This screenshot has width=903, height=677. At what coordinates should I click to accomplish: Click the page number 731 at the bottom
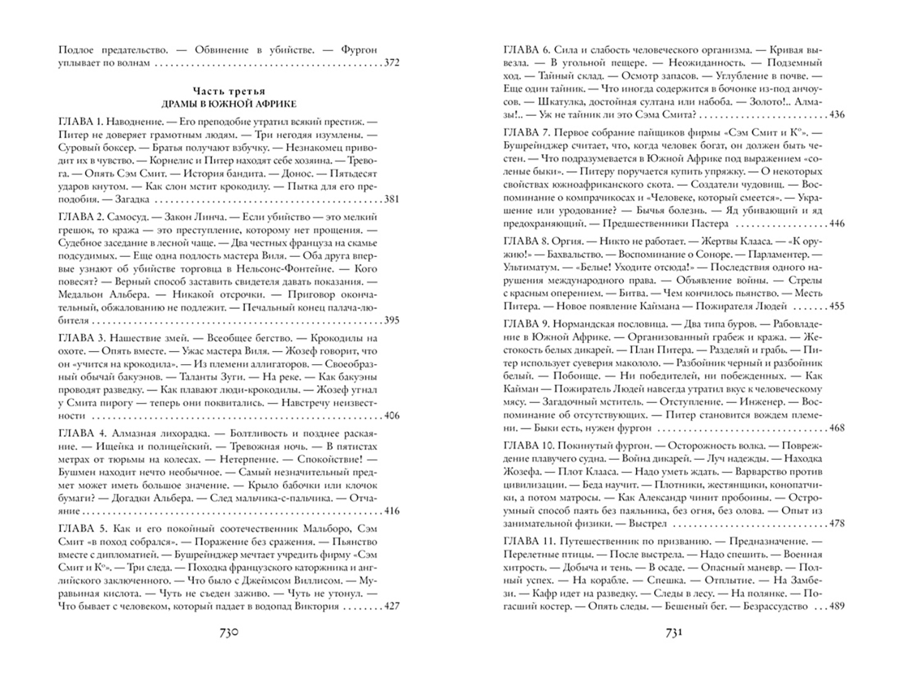(x=673, y=634)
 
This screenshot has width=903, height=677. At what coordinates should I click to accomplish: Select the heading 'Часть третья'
(x=228, y=91)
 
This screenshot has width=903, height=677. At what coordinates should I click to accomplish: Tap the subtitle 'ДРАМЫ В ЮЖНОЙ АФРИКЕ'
(x=228, y=103)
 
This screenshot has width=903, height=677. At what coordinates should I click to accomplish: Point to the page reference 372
(x=391, y=63)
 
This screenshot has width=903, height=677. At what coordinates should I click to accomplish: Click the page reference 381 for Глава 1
(x=391, y=199)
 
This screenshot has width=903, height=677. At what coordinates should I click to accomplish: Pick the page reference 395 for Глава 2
(x=391, y=320)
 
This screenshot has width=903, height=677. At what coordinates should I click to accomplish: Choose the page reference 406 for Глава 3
(x=391, y=416)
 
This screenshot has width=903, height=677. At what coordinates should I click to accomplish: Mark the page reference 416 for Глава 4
(x=391, y=511)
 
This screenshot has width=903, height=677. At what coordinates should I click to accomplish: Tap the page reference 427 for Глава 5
(x=391, y=606)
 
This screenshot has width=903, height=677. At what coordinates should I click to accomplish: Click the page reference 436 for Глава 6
(x=837, y=115)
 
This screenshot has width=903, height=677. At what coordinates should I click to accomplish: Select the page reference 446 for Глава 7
(x=837, y=223)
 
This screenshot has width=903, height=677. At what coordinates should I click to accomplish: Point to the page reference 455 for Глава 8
(x=837, y=307)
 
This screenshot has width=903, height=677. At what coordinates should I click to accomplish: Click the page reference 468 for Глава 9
(x=837, y=428)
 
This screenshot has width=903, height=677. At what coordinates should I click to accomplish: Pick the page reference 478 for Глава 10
(x=837, y=523)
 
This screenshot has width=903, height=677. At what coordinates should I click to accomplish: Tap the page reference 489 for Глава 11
(x=837, y=606)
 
